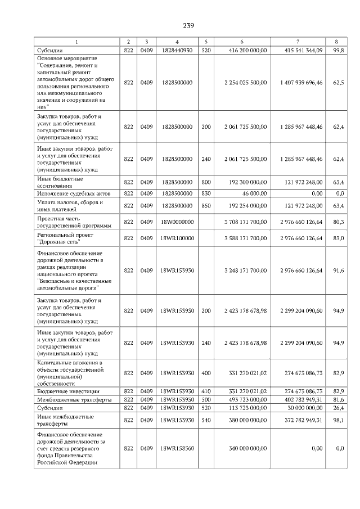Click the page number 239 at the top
coord(188,25)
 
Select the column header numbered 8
coord(336,42)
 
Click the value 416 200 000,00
coord(245,51)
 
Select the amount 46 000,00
coord(254,193)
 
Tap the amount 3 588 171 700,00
coord(245,239)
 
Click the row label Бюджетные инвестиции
coord(60,391)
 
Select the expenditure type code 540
coord(206,420)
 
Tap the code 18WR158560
coord(177,448)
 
